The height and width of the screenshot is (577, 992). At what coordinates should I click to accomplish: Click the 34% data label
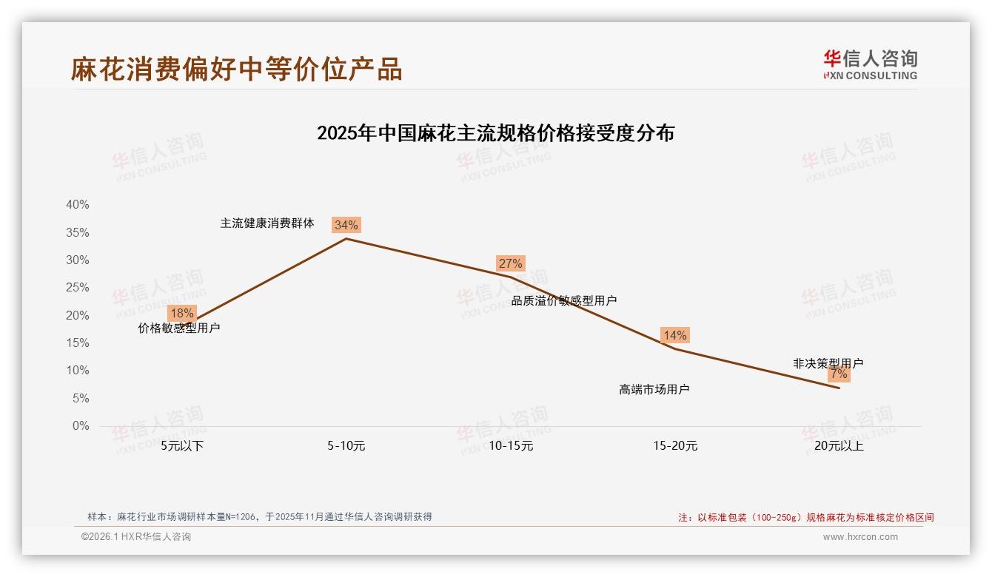(346, 225)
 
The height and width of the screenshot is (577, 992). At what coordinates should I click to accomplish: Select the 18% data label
(182, 313)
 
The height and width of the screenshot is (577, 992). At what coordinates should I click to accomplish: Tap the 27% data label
(511, 263)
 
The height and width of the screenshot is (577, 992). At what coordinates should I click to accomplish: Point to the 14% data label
(674, 335)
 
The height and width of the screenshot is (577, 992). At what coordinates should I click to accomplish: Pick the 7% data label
(839, 374)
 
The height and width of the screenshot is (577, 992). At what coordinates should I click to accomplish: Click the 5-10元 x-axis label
(346, 446)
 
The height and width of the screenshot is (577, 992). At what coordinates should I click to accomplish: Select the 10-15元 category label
(511, 446)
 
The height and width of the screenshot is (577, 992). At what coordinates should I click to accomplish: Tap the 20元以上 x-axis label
(839, 446)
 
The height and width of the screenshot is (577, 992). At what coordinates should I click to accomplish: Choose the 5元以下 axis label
(182, 446)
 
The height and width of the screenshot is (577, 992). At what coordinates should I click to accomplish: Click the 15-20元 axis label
(675, 446)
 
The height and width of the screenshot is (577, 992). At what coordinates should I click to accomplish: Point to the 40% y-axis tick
(78, 205)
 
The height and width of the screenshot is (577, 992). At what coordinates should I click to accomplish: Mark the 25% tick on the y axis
(78, 288)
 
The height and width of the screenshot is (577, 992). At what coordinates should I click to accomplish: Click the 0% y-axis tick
(81, 426)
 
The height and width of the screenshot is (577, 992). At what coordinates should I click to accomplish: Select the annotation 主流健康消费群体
(267, 223)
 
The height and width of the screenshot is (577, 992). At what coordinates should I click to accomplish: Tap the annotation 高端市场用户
(654, 390)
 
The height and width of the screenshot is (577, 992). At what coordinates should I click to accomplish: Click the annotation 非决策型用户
(828, 363)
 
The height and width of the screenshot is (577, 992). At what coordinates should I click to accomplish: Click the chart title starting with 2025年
(495, 133)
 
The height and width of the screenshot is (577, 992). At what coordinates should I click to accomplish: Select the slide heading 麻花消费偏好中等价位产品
(237, 69)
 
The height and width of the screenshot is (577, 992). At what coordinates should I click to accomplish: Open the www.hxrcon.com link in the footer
(860, 537)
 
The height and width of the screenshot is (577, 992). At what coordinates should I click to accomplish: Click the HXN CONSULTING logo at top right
(870, 64)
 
